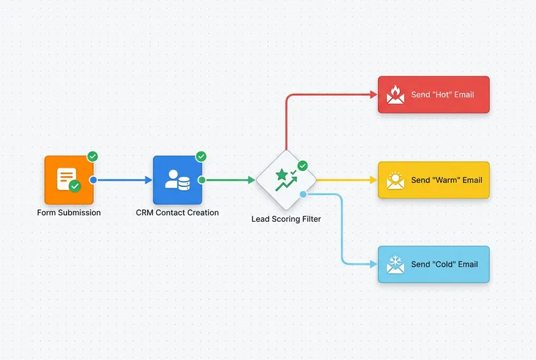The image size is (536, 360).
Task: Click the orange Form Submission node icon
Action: tap(69, 180)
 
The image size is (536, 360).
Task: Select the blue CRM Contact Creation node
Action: tap(177, 180)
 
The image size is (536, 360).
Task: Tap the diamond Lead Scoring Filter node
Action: tap(286, 180)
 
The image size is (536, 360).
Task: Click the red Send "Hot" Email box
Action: tap(433, 95)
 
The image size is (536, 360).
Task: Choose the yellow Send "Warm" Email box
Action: tap(433, 180)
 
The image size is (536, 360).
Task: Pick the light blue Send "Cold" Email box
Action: tap(433, 264)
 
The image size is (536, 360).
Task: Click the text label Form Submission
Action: tap(69, 213)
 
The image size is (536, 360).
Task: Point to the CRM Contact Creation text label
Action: tap(177, 213)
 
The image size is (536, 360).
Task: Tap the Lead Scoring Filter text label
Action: tap(286, 219)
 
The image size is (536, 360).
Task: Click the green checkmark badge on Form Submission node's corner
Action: tap(92, 156)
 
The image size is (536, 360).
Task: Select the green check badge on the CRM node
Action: tap(201, 156)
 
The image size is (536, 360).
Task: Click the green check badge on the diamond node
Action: tap(302, 165)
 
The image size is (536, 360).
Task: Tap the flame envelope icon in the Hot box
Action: tap(396, 95)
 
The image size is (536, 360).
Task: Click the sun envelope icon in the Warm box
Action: tap(396, 180)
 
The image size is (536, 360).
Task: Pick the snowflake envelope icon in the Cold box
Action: tap(396, 264)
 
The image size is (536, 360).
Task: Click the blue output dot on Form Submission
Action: tap(93, 180)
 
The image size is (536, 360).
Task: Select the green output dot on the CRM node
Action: tap(202, 180)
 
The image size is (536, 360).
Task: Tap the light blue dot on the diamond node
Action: tap(303, 194)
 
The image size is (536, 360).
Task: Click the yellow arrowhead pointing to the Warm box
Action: tap(373, 180)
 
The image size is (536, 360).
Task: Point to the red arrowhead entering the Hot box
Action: tap(373, 95)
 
